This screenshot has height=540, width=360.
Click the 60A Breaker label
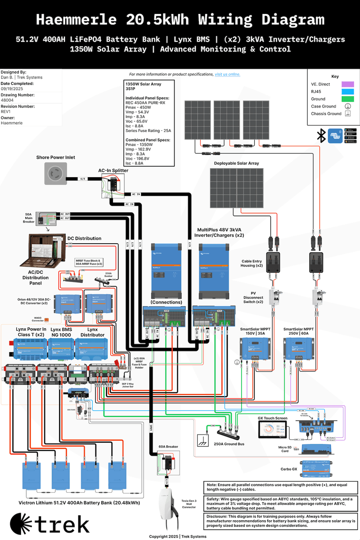coord(168,446)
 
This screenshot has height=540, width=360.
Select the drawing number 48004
coord(7,101)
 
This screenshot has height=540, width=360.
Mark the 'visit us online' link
coord(227,74)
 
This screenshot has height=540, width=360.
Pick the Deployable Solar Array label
coord(236,163)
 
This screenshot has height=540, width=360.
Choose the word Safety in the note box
coord(213,499)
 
